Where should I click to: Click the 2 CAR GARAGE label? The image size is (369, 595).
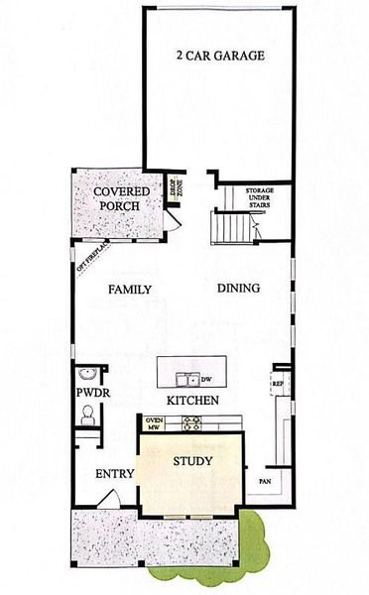[220, 56]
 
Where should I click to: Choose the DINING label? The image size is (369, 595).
[238, 289]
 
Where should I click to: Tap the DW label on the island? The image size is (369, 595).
[206, 379]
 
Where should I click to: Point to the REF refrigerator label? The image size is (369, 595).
[278, 382]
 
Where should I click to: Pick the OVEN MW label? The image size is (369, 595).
[154, 424]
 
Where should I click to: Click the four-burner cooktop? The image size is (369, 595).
[188, 424]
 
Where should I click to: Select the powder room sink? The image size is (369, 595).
[88, 374]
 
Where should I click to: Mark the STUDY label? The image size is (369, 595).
[192, 461]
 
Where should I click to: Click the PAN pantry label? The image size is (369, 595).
[267, 481]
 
